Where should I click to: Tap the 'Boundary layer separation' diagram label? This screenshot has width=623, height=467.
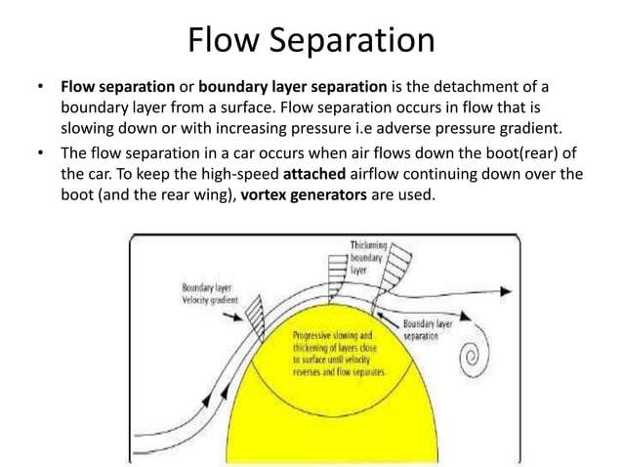click(430, 329)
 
